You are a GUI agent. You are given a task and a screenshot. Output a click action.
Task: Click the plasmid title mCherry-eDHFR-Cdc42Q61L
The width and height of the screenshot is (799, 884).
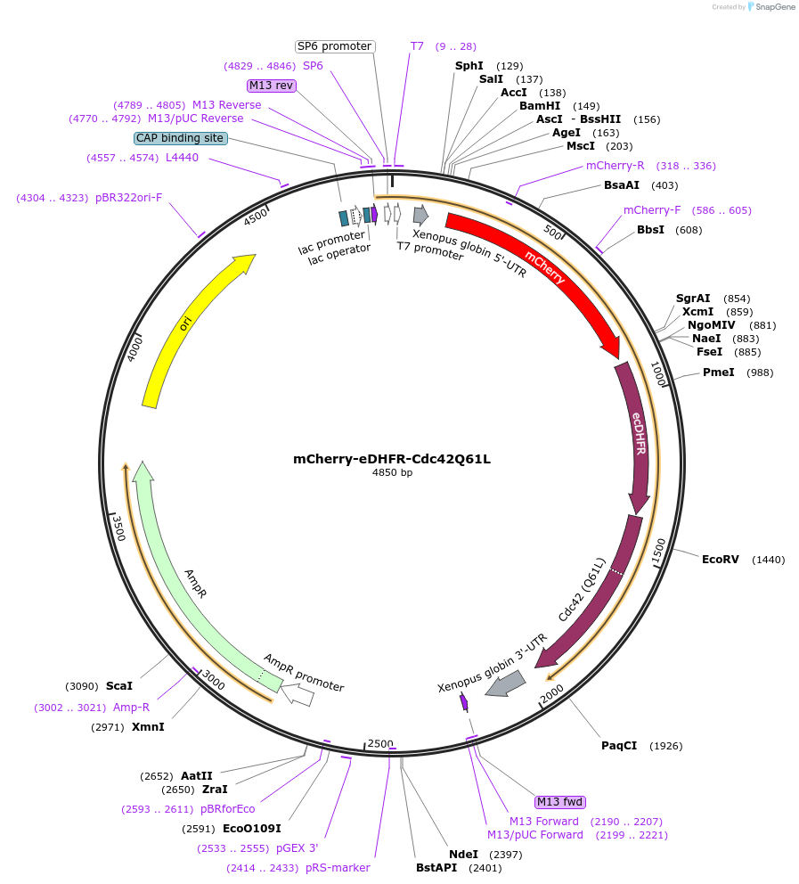(392, 460)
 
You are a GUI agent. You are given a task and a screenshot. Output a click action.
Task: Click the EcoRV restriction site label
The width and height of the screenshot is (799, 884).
(720, 560)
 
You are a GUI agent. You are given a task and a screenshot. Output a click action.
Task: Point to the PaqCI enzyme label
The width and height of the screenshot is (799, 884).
(619, 746)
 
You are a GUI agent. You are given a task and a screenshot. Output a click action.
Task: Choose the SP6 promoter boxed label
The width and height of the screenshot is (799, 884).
(334, 46)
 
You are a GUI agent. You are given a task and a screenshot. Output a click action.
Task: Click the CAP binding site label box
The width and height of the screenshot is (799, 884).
(180, 138)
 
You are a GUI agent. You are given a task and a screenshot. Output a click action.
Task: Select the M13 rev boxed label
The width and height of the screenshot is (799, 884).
(272, 86)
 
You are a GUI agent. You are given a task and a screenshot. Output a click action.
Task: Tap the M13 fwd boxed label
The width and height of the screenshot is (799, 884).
(560, 802)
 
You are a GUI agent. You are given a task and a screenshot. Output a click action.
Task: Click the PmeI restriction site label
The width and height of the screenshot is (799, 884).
(718, 372)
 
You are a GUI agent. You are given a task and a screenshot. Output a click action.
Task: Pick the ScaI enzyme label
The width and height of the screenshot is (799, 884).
(118, 686)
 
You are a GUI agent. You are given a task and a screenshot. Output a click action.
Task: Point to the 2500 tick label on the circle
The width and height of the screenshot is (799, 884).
(380, 744)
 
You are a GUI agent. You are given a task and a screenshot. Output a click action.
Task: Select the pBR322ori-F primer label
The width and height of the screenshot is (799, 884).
(129, 198)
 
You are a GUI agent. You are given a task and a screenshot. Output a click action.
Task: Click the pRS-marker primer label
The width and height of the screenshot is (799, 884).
(338, 868)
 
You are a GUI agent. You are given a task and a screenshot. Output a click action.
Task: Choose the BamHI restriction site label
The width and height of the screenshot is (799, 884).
(540, 106)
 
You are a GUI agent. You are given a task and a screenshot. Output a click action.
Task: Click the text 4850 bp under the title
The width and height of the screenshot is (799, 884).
(392, 473)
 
